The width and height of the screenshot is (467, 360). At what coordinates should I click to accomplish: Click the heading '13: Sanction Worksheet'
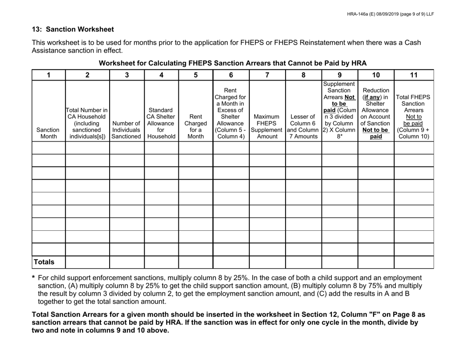(x=73, y=29)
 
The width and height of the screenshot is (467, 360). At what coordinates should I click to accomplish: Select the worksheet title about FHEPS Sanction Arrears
(x=233, y=63)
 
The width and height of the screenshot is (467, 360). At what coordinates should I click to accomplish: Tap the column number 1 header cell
(x=48, y=76)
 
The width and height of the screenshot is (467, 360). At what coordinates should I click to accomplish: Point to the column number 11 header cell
(x=413, y=76)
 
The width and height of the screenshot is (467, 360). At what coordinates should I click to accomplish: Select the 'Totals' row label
(x=48, y=262)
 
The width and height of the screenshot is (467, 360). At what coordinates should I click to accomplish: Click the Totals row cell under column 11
(x=413, y=262)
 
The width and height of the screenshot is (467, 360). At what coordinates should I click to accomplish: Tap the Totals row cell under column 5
(x=195, y=262)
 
